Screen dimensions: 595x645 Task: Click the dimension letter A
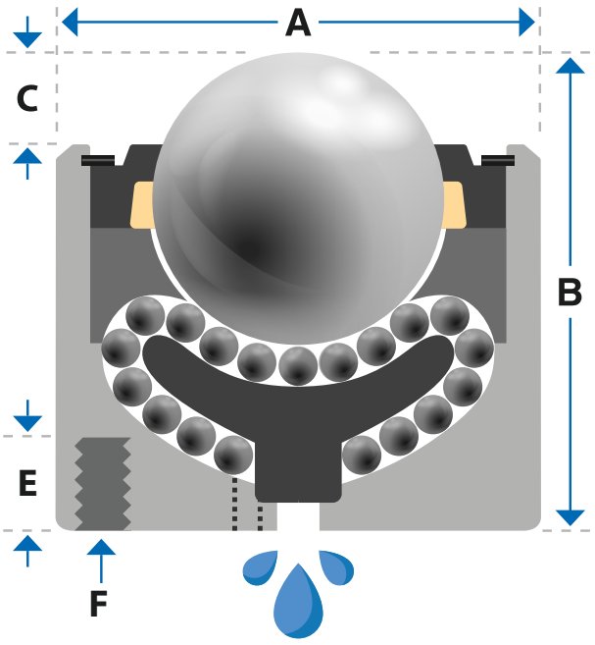pyautogui.click(x=298, y=23)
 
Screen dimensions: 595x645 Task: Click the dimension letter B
pyautogui.click(x=570, y=293)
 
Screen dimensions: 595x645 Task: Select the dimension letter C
pyautogui.click(x=27, y=98)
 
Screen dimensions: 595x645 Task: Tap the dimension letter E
pyautogui.click(x=27, y=482)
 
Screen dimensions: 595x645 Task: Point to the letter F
pyautogui.click(x=99, y=603)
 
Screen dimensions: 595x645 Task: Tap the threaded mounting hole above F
pyautogui.click(x=103, y=484)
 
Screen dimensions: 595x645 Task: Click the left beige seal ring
pyautogui.click(x=142, y=204)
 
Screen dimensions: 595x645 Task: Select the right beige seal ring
pyautogui.click(x=455, y=204)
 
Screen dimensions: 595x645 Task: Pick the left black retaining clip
pyautogui.click(x=98, y=160)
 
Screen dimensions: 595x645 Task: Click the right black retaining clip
pyautogui.click(x=498, y=160)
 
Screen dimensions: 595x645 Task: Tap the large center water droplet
pyautogui.click(x=298, y=602)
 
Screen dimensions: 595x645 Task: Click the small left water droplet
pyautogui.click(x=260, y=567)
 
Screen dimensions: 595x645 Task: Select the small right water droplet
pyautogui.click(x=337, y=567)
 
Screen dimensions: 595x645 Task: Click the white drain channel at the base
pyautogui.click(x=298, y=516)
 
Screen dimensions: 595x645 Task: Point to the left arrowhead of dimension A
pyautogui.click(x=70, y=22)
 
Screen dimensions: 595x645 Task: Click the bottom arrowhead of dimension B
pyautogui.click(x=570, y=518)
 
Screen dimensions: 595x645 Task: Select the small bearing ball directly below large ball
pyautogui.click(x=298, y=365)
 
